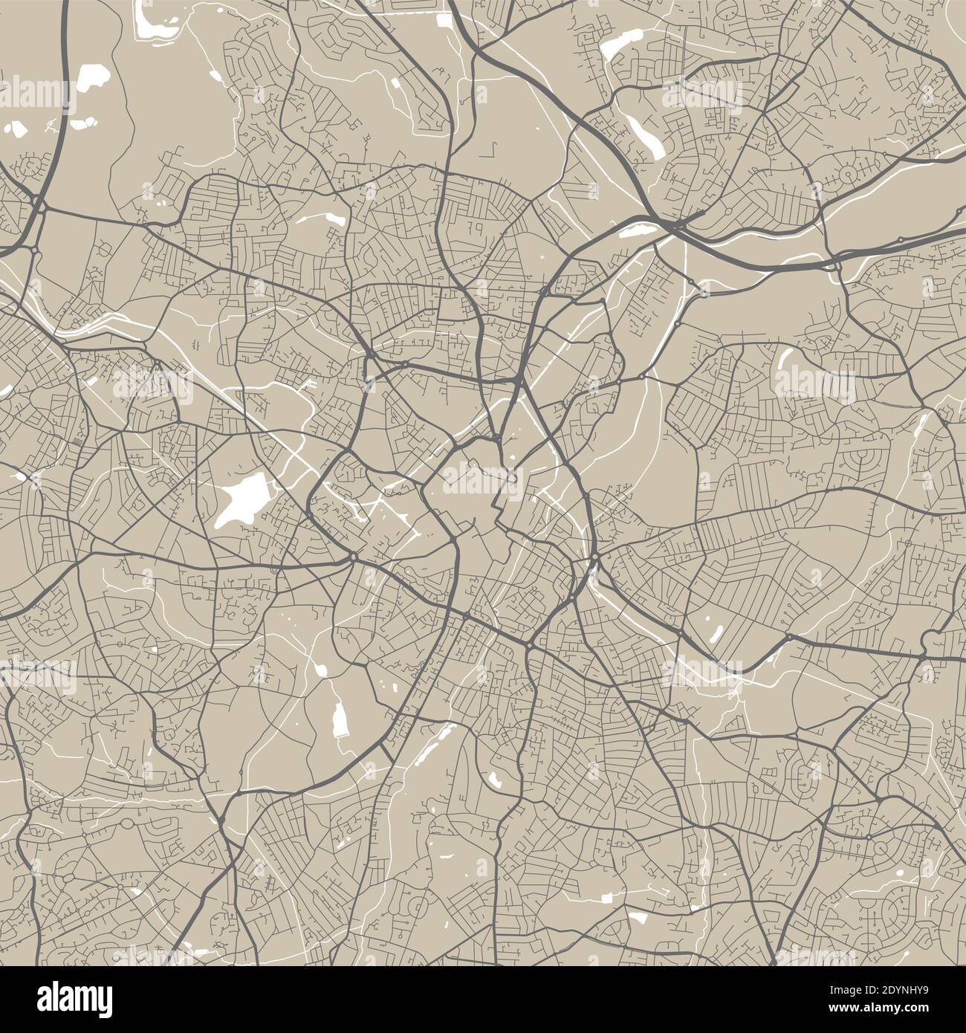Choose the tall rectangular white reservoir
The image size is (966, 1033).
point(341,719)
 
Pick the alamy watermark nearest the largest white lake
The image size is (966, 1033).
point(152,384)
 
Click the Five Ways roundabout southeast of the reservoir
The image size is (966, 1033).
point(352,556)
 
